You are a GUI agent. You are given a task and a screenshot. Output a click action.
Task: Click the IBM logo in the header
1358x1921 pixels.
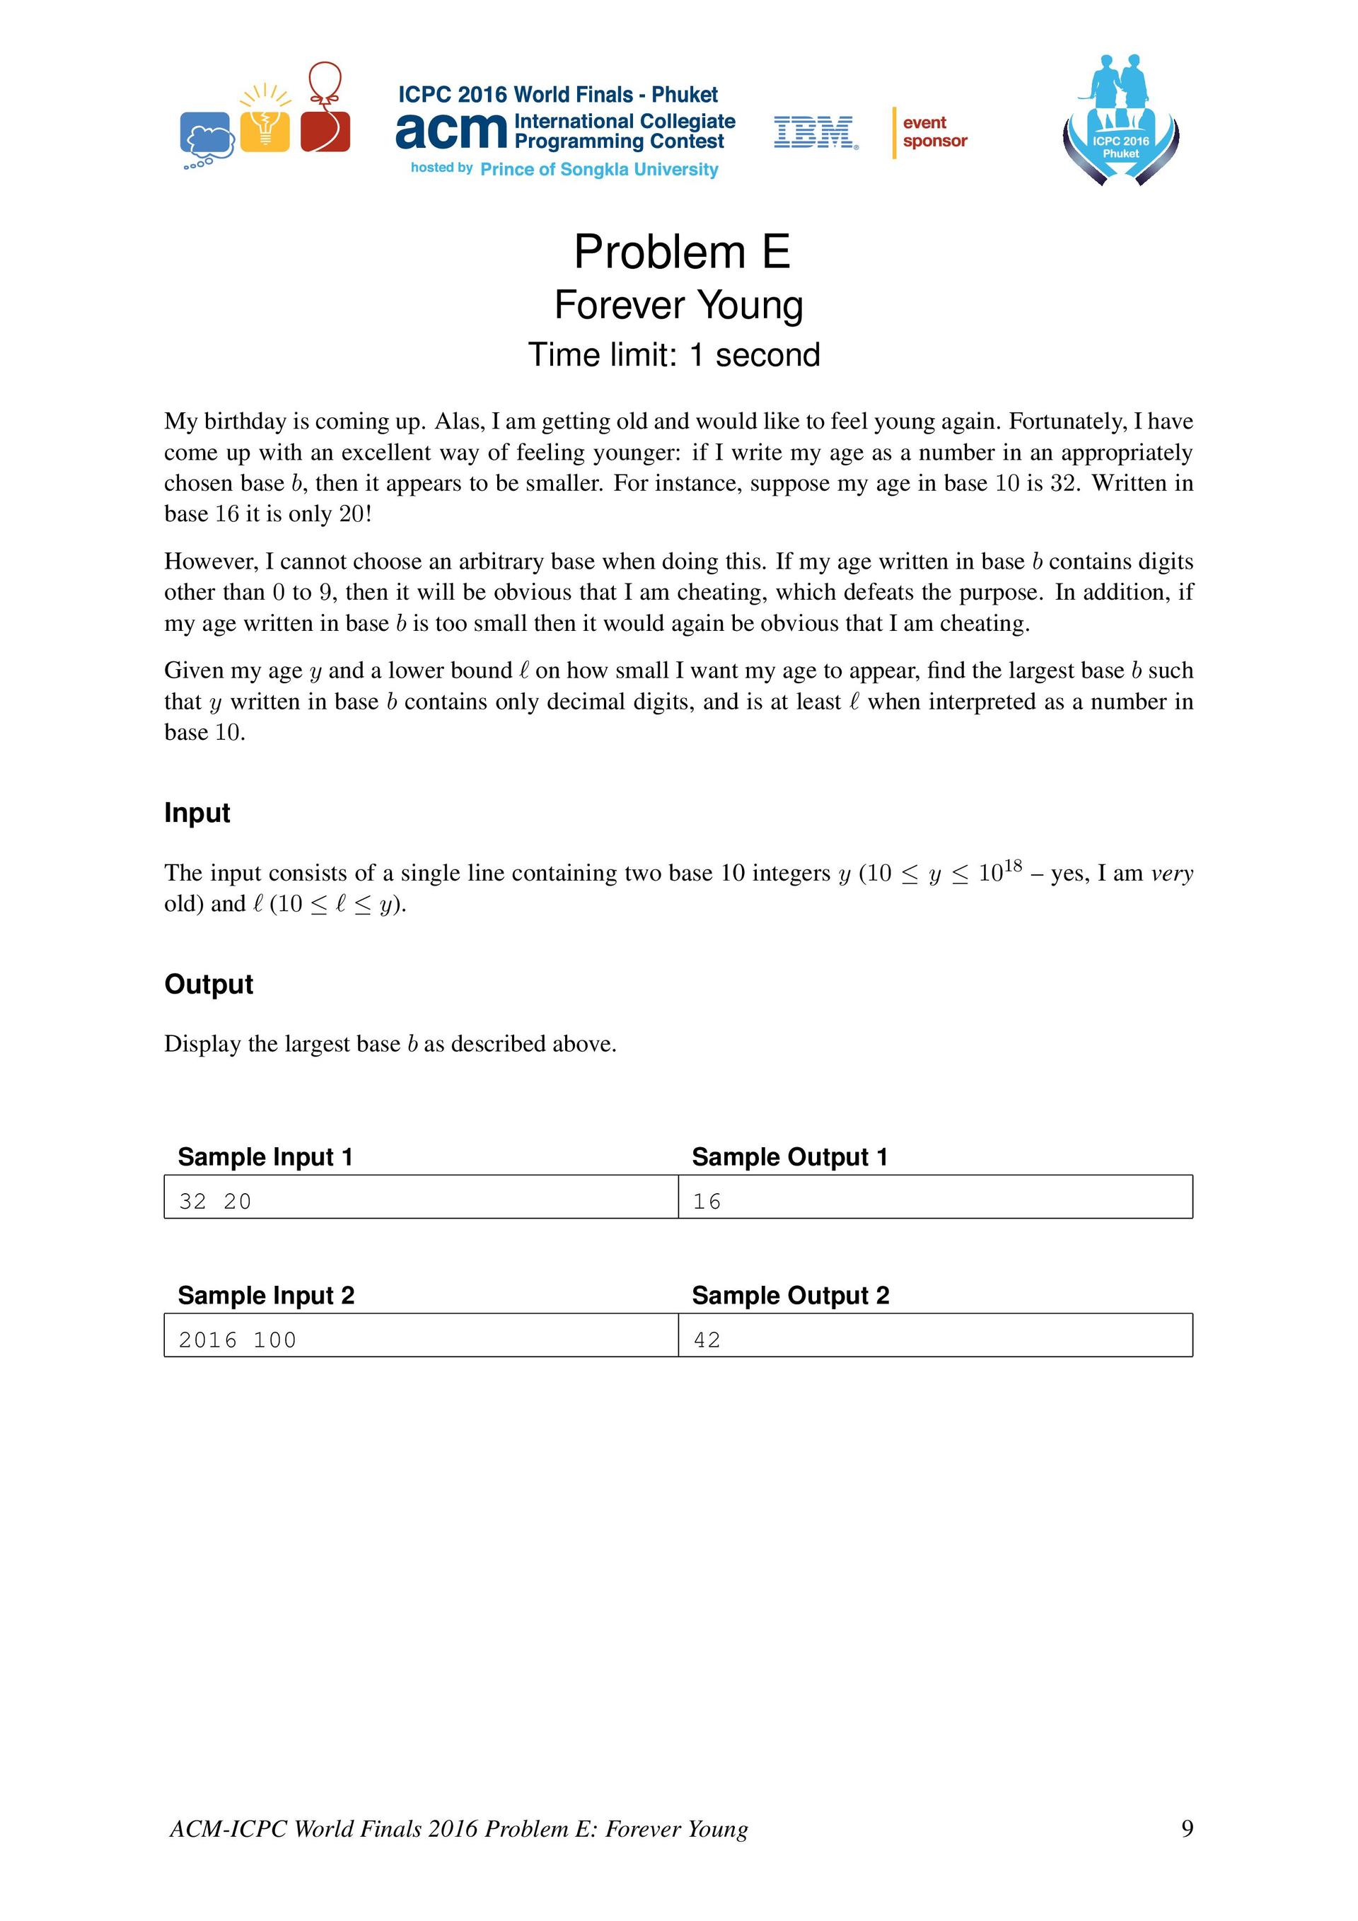[815, 132]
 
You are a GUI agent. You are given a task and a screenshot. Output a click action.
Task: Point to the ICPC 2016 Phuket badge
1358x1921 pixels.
[1120, 122]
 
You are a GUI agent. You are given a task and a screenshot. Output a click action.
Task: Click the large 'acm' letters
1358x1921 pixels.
[451, 132]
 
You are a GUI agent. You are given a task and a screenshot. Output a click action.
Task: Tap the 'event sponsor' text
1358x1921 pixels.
[934, 132]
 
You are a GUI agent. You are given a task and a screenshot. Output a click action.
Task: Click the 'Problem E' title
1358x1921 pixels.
[681, 251]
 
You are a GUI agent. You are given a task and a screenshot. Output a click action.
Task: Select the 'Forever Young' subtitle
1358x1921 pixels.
[678, 305]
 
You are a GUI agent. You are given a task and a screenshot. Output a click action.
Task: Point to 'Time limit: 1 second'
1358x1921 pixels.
[673, 355]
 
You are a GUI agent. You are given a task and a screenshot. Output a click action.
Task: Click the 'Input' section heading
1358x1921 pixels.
[197, 813]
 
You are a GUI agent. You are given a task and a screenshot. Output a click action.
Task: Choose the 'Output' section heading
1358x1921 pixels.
[209, 984]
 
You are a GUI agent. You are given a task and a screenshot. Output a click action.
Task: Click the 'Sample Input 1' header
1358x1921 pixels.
[265, 1156]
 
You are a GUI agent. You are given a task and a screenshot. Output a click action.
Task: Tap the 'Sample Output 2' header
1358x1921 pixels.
[790, 1295]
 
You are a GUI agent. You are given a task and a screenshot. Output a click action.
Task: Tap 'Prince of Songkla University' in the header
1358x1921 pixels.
[599, 170]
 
